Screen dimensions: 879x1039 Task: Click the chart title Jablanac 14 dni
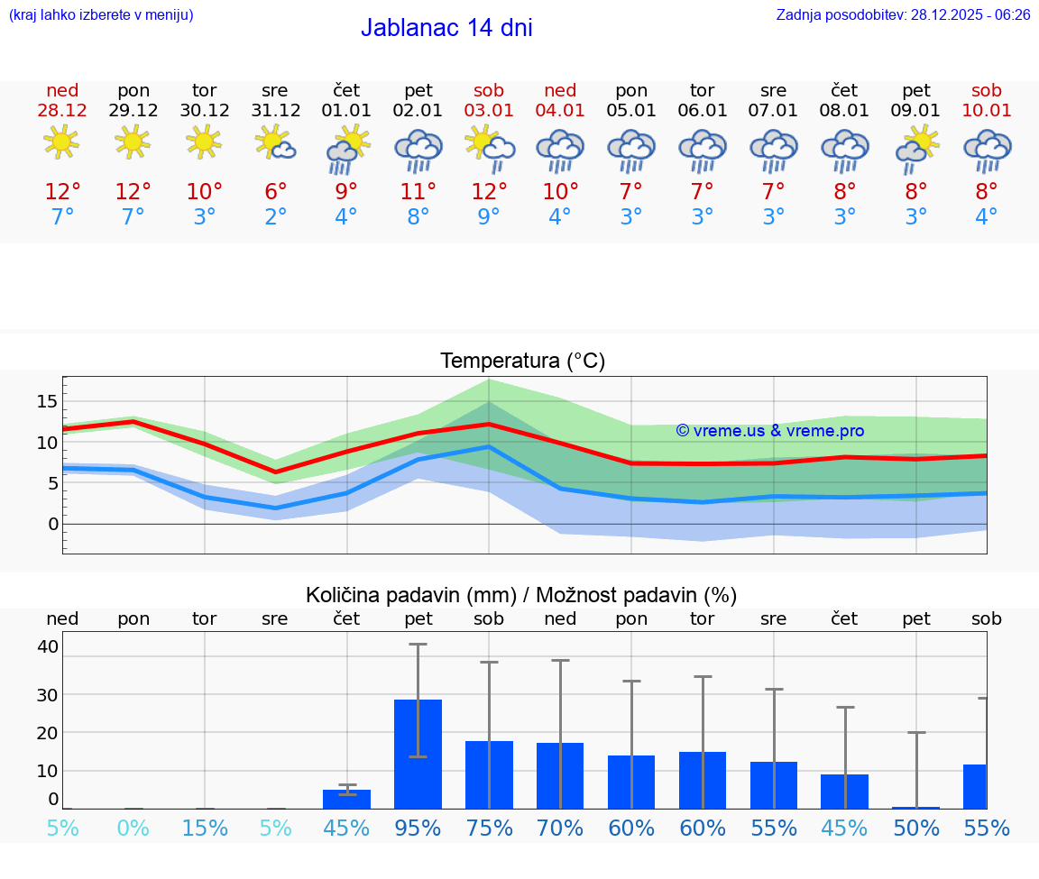[446, 28]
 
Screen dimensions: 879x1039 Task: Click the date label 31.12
[275, 111]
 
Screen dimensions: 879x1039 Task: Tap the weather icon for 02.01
[418, 150]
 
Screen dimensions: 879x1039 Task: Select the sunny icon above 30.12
[204, 141]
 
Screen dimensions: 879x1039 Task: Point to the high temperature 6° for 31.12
[275, 192]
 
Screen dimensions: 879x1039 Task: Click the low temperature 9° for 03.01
[489, 217]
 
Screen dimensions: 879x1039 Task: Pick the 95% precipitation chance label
[418, 828]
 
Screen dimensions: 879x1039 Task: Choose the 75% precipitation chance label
[489, 828]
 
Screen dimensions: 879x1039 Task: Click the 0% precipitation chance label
[133, 828]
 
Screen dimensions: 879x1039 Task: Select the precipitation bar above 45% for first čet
[347, 799]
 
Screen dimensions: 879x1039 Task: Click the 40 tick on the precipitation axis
[48, 646]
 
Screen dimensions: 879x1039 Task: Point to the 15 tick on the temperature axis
[48, 401]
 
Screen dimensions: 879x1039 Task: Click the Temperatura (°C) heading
[523, 362]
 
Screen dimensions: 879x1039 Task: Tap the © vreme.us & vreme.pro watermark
[770, 431]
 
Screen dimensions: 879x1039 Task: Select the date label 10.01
[987, 111]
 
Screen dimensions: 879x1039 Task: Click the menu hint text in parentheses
[101, 15]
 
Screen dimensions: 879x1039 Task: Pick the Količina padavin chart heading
[521, 595]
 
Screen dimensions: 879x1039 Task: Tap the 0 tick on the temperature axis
[53, 524]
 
